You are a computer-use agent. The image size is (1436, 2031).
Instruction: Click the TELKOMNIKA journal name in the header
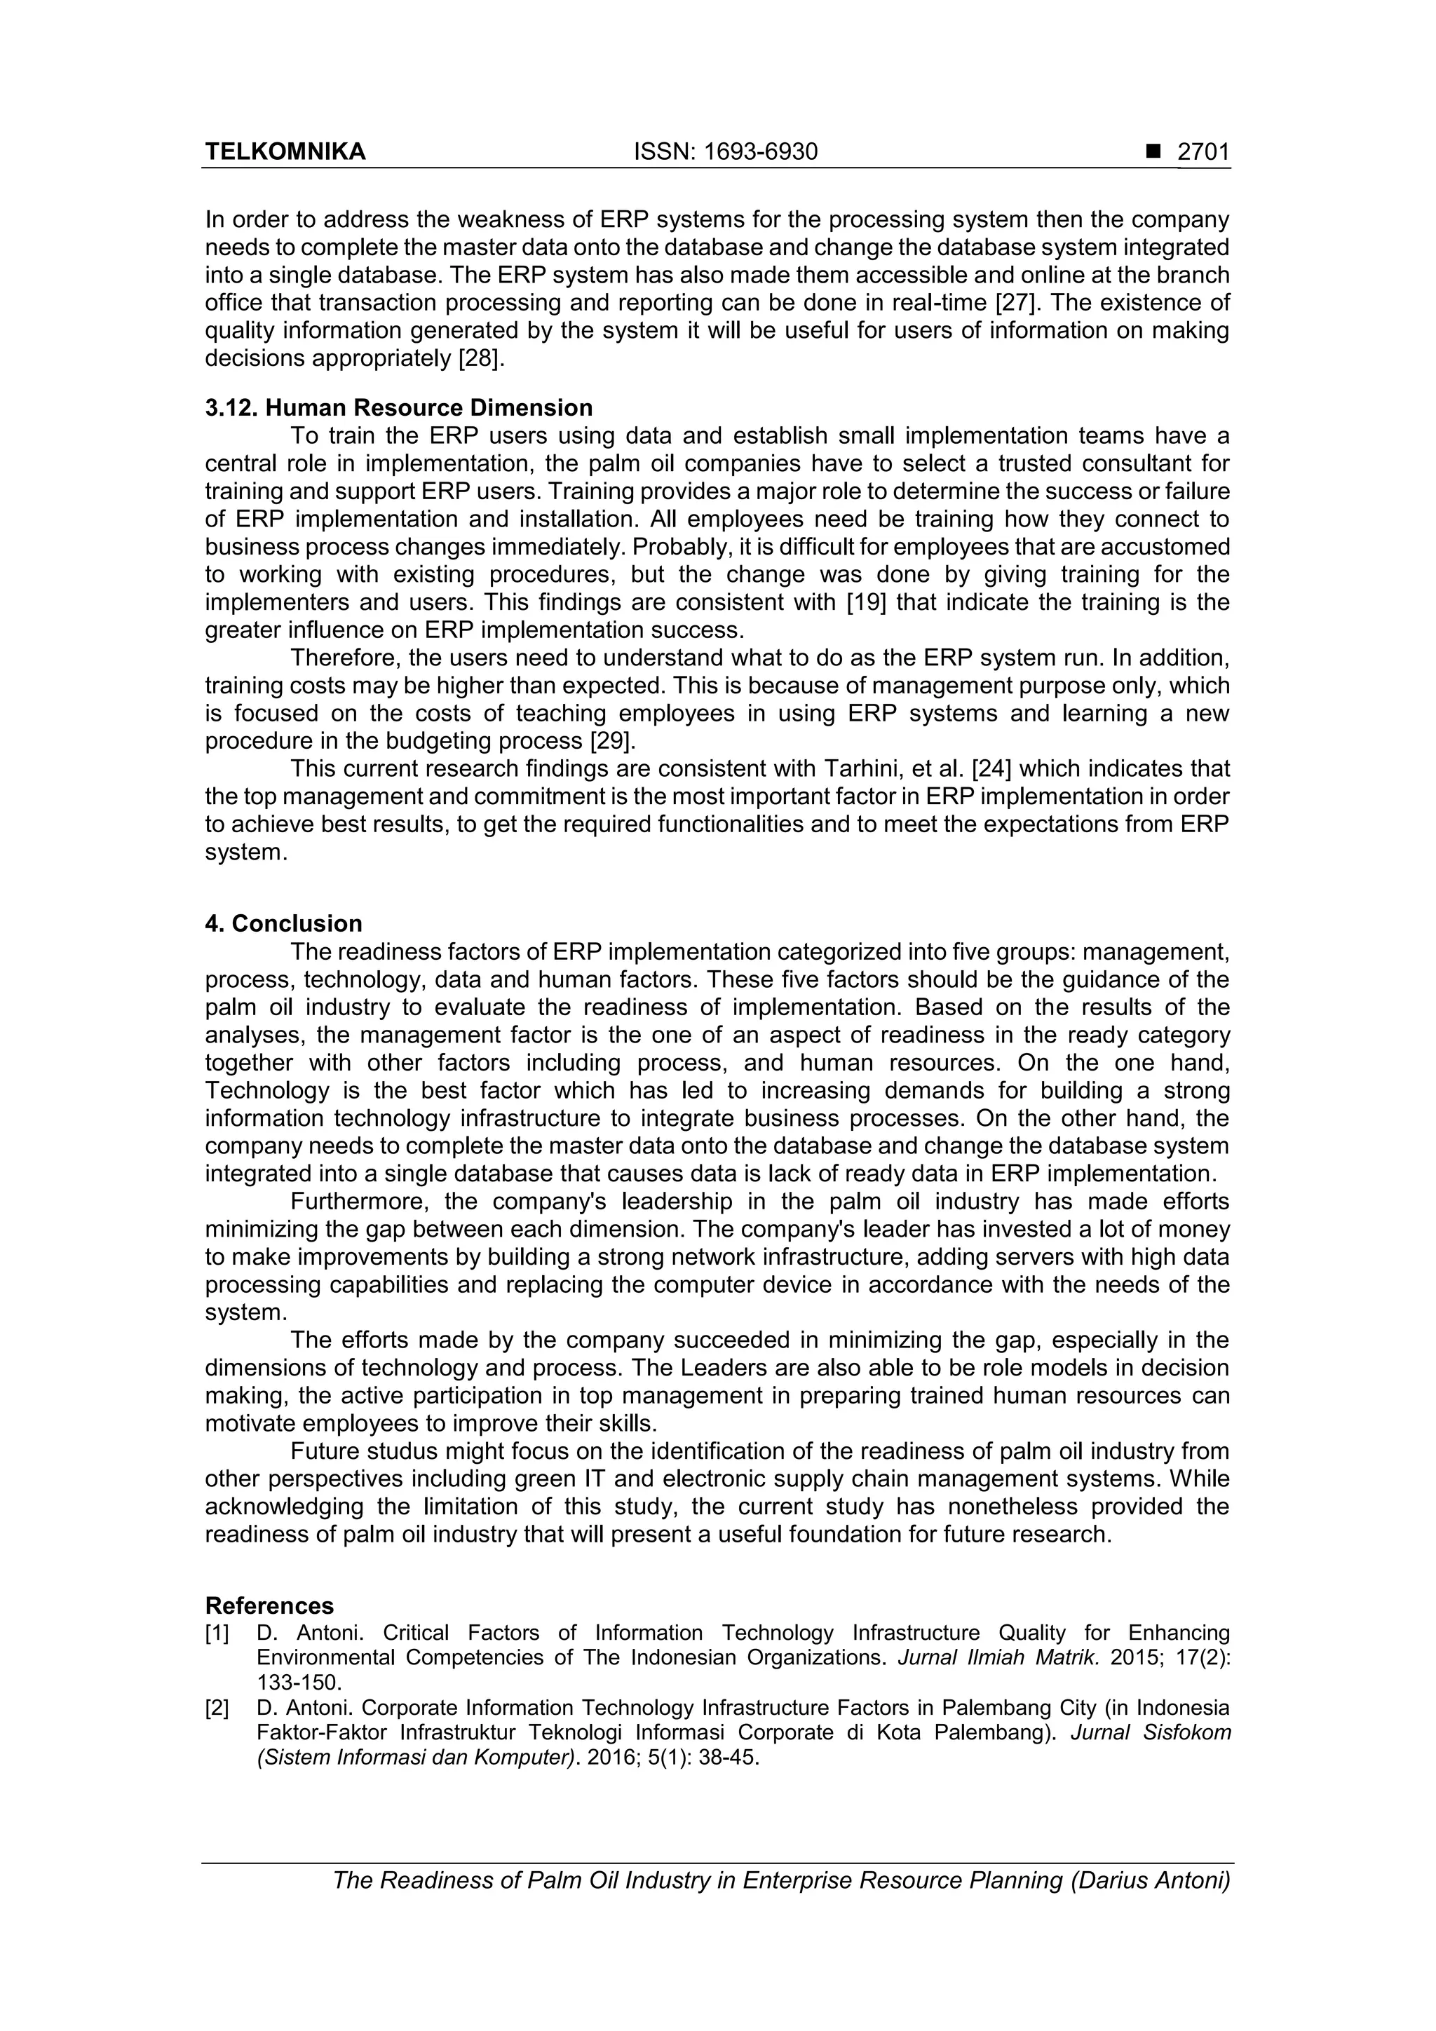tap(285, 152)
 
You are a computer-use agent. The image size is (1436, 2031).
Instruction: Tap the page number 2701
tap(1203, 152)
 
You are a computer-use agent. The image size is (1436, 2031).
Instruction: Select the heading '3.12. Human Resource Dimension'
tap(398, 408)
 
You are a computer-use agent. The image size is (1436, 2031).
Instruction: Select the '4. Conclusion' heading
tap(283, 923)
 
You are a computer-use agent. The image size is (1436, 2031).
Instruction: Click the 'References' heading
tap(269, 1605)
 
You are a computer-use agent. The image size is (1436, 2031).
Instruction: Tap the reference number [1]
tap(217, 1633)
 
